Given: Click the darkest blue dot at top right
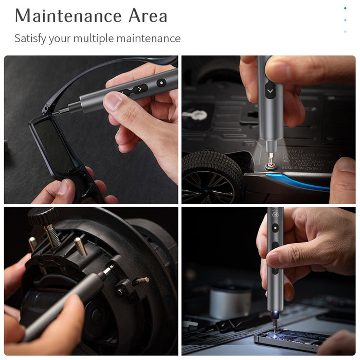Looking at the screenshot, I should (x=345, y=8).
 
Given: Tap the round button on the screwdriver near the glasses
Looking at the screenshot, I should (x=161, y=82).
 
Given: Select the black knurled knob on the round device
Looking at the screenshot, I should (x=44, y=217).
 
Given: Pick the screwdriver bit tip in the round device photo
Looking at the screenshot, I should (x=110, y=268).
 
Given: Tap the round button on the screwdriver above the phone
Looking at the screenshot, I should (x=275, y=227).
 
